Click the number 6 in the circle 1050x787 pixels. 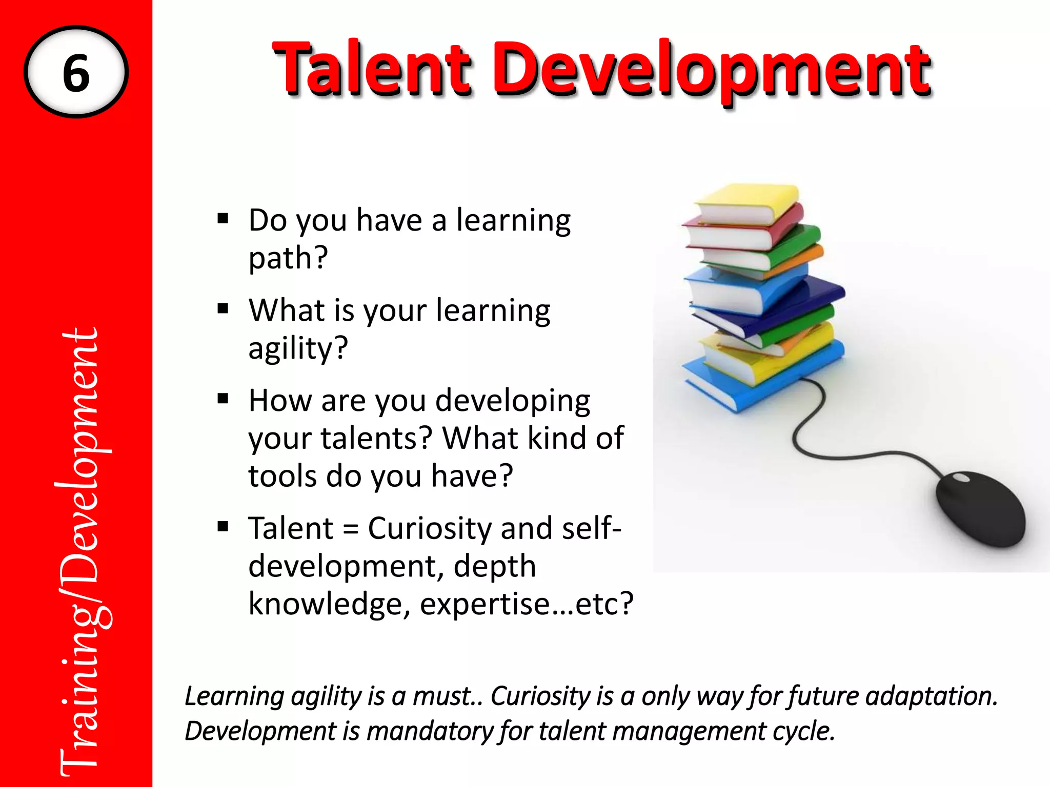pyautogui.click(x=76, y=73)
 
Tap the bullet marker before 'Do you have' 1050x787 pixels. pyautogui.click(x=223, y=219)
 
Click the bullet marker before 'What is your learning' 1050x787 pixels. pyautogui.click(x=223, y=309)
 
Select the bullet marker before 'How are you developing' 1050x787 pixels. pyautogui.click(x=223, y=399)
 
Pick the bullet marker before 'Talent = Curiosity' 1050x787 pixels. pyautogui.click(x=223, y=527)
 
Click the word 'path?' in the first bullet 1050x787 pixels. pyautogui.click(x=288, y=258)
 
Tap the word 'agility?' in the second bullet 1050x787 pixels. pyautogui.click(x=298, y=348)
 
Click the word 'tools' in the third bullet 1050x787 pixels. pyautogui.click(x=282, y=475)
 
